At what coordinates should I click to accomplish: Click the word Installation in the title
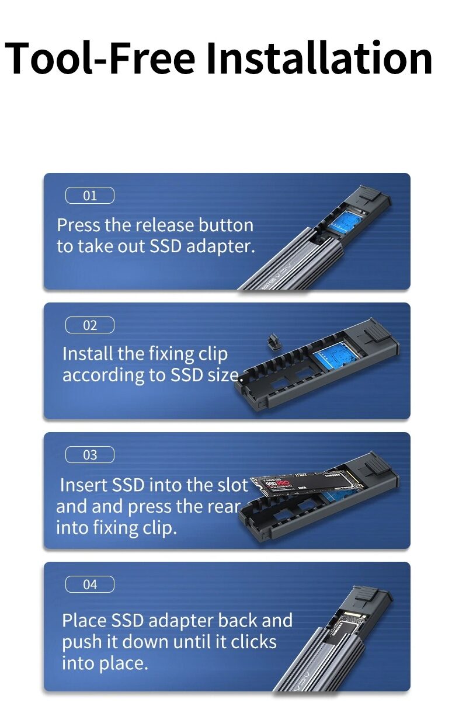point(319,58)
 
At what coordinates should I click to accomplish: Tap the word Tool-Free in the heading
point(100,58)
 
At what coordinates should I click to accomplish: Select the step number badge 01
point(90,196)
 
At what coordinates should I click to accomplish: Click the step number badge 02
point(90,325)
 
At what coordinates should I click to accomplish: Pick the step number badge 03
point(90,455)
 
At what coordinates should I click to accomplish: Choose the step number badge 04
point(90,584)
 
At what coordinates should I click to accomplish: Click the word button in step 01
point(225,225)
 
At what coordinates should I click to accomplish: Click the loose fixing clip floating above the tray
point(273,342)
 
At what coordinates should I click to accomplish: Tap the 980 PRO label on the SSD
point(277,484)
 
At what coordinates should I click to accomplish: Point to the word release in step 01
point(165,225)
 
